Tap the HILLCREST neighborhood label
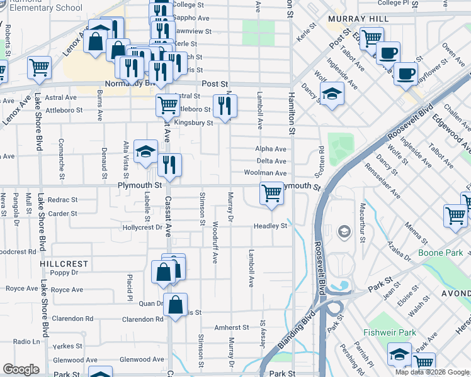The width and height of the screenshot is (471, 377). (x=64, y=264)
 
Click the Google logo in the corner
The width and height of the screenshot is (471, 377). (x=21, y=369)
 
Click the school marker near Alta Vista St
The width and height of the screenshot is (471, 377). (x=145, y=152)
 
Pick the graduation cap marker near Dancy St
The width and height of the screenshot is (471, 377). (x=332, y=95)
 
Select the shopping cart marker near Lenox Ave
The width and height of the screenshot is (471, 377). (x=39, y=67)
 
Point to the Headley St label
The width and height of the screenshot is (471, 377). (x=270, y=226)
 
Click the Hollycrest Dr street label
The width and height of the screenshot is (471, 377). (x=142, y=227)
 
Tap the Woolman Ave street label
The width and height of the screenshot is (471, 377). (x=270, y=173)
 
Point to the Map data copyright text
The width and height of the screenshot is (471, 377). (x=431, y=372)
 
